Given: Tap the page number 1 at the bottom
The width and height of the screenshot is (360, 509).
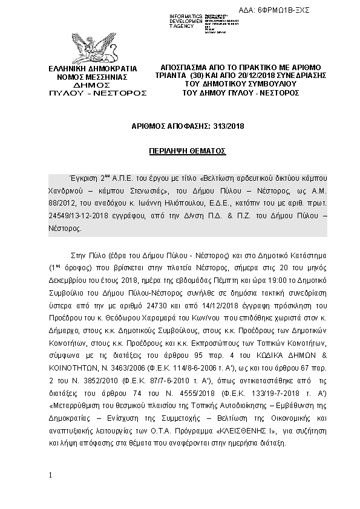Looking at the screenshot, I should [51, 476].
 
